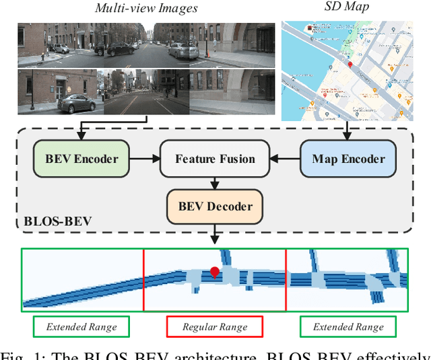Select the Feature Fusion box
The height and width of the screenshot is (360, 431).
[x=215, y=159]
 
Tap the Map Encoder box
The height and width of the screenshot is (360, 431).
[x=348, y=159]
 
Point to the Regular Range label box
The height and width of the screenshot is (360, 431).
[x=214, y=327]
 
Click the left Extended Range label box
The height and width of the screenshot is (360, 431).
[x=81, y=327]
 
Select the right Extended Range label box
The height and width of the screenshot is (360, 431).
[x=348, y=327]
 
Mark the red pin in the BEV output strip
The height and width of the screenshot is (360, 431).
[x=215, y=273]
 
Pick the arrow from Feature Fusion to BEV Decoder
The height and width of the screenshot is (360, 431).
[x=215, y=182]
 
